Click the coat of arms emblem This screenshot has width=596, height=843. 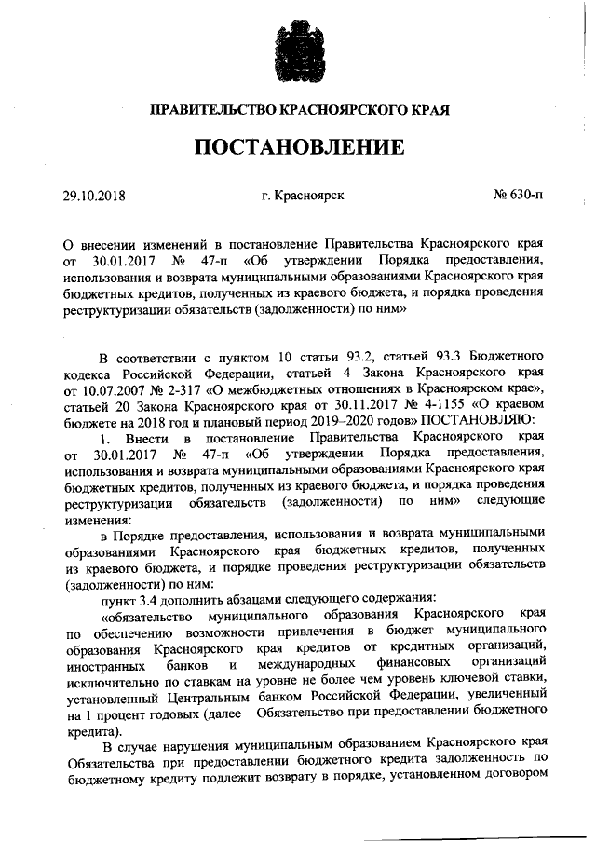pyautogui.click(x=299, y=48)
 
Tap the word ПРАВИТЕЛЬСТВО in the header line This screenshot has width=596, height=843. pyautogui.click(x=212, y=109)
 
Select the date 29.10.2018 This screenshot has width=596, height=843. pyautogui.click(x=93, y=196)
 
